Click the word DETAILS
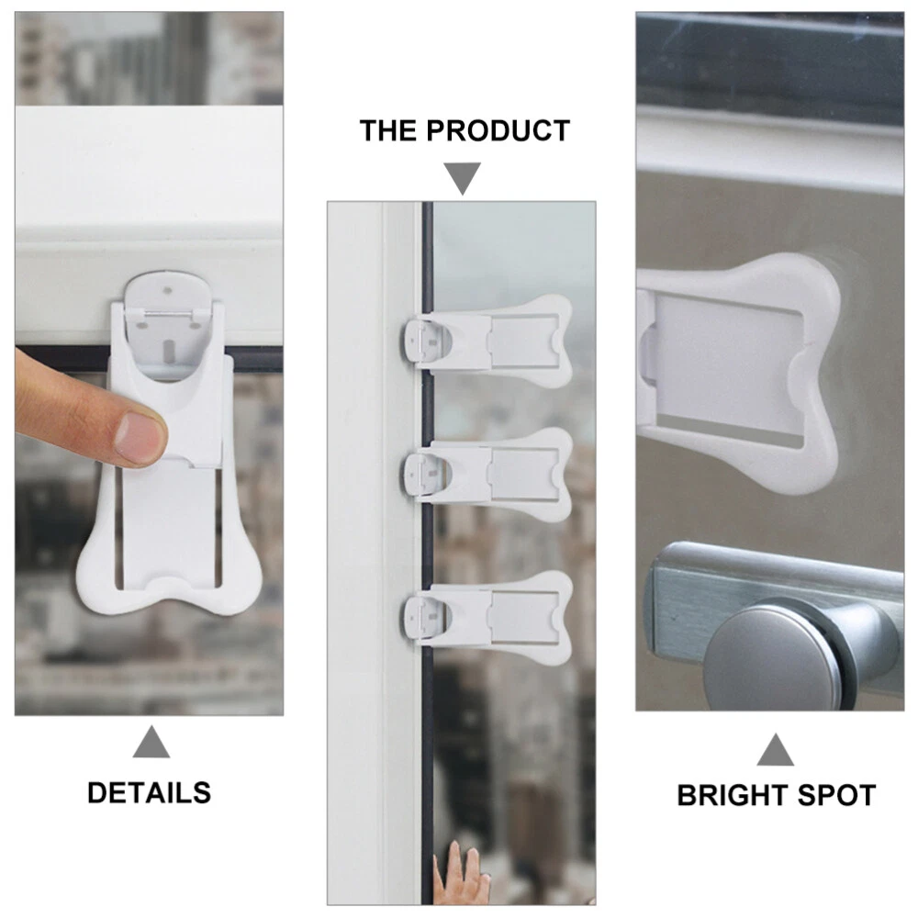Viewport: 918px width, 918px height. point(149,793)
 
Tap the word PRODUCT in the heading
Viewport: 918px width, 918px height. point(498,130)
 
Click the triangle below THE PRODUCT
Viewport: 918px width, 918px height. point(463,176)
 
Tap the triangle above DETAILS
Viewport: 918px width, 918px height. point(151,743)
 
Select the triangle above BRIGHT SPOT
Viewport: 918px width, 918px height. point(775,750)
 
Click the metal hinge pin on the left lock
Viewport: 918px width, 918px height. point(167,315)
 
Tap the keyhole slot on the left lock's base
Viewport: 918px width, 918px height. point(169,350)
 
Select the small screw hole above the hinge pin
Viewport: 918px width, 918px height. point(167,290)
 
